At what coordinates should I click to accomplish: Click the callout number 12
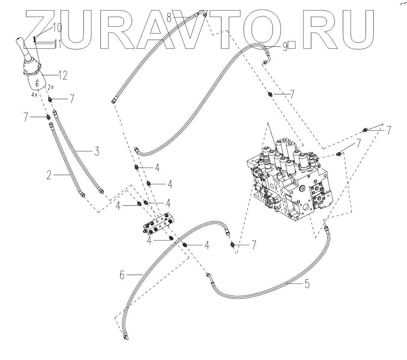63,76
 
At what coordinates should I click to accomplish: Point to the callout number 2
49,175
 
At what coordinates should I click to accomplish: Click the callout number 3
96,152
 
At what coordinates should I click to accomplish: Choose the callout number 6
122,275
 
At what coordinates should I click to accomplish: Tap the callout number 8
169,17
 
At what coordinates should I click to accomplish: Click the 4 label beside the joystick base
33,95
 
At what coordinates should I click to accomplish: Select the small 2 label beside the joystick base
49,87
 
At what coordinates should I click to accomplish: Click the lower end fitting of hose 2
83,195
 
